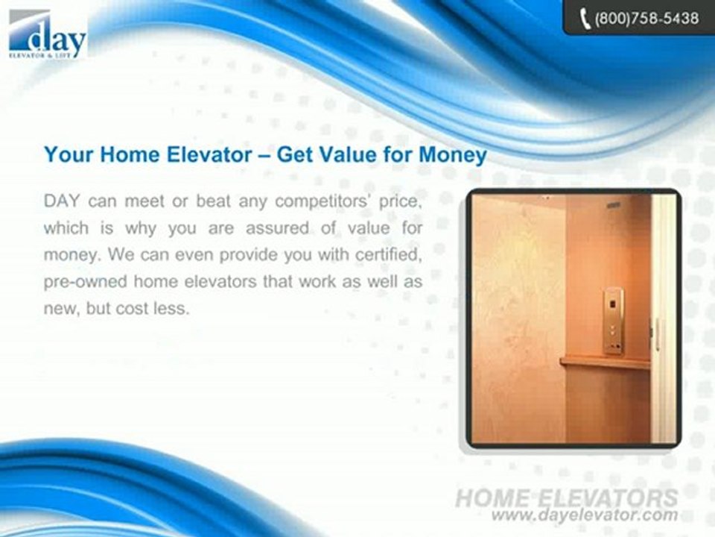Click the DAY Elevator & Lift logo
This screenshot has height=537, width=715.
[48, 34]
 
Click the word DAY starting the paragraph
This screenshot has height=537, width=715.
[63, 201]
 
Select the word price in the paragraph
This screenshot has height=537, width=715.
[401, 201]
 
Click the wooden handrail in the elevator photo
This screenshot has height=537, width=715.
[603, 363]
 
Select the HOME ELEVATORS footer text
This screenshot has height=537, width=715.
[566, 497]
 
